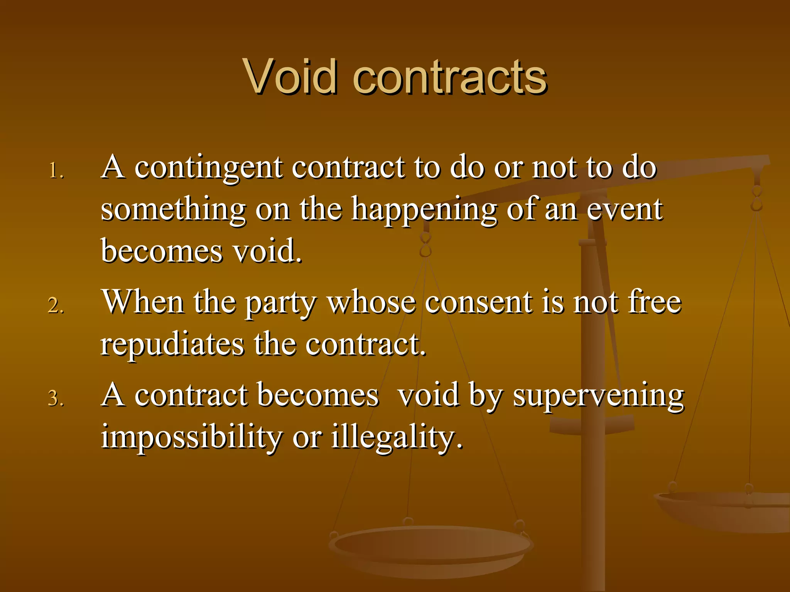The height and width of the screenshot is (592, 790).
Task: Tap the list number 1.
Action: tap(56, 170)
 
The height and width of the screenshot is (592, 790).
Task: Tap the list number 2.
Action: tap(56, 305)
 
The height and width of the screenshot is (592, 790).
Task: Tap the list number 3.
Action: tap(56, 398)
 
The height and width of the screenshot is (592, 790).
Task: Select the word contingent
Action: tap(209, 168)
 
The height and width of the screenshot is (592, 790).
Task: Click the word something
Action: tap(173, 210)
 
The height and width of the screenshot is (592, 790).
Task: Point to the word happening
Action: tap(424, 210)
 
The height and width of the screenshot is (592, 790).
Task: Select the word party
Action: tap(281, 304)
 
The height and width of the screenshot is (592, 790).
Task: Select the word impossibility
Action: tap(191, 437)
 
